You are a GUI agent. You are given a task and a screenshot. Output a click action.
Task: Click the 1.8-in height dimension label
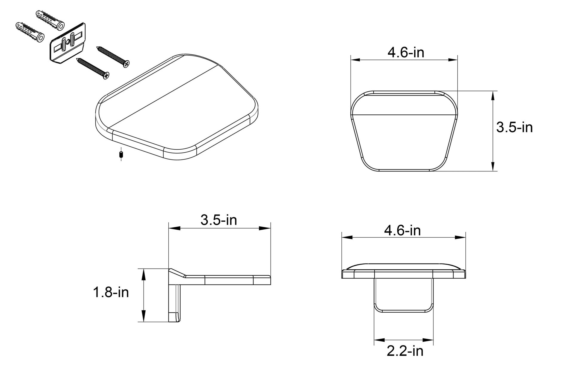[111, 292]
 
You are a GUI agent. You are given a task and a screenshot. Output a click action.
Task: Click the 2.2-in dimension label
[405, 351]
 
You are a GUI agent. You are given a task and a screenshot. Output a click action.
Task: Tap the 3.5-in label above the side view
[219, 220]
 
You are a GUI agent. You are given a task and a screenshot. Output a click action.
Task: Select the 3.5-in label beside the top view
[514, 127]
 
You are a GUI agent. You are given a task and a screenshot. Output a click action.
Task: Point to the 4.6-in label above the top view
[406, 53]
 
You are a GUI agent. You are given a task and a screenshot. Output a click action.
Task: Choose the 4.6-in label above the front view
[402, 230]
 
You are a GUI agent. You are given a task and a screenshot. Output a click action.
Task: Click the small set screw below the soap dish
[121, 155]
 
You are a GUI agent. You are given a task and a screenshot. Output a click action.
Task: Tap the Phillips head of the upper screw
[127, 64]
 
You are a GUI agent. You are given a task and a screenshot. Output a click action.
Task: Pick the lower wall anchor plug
[29, 32]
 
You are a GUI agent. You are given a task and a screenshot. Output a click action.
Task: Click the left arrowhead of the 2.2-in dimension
[378, 340]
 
